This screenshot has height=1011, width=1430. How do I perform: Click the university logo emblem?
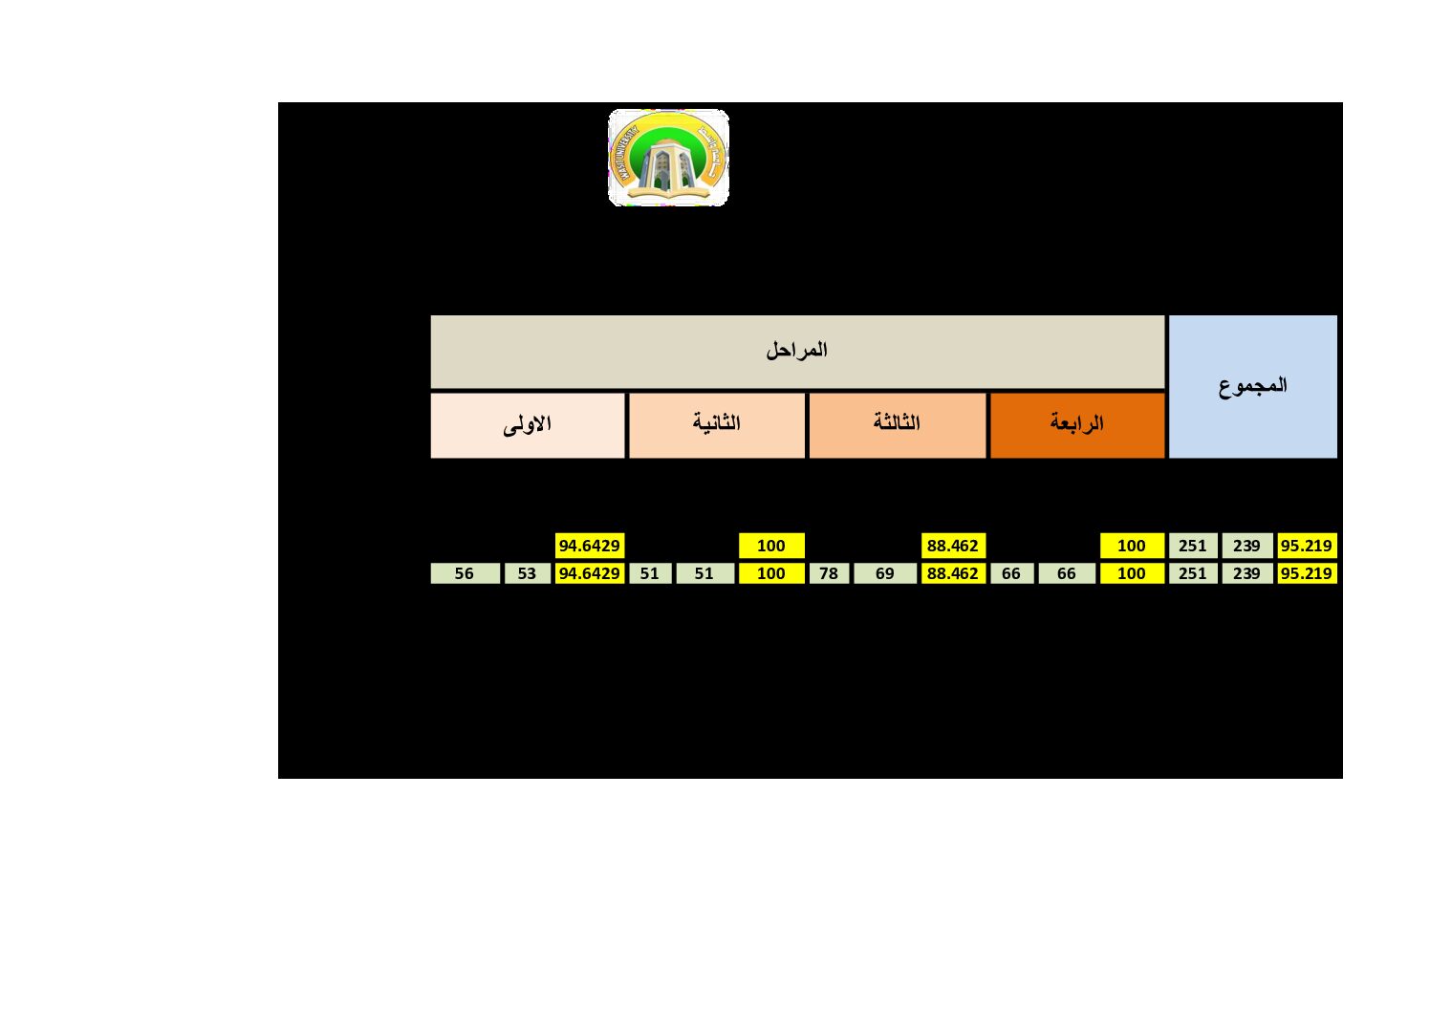pos(668,158)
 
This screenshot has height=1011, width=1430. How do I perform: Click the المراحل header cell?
pos(797,351)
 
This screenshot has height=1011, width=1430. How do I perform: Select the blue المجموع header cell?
pos(1252,386)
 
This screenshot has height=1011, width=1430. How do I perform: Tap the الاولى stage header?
pos(528,424)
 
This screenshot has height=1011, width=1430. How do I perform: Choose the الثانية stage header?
pos(717,424)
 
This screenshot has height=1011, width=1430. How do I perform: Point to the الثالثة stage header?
pos(897,424)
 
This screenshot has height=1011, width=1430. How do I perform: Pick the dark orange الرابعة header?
pos(1077,424)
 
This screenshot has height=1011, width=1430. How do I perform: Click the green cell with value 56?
pos(465,573)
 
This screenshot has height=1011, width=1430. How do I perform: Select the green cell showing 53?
pos(527,573)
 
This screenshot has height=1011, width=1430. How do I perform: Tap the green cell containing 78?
pos(829,573)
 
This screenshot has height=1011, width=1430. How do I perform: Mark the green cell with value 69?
pos(885,573)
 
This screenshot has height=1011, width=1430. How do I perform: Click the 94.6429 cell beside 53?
pos(590,573)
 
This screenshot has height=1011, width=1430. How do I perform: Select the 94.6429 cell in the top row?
pos(590,546)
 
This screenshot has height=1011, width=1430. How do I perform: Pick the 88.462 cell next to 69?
pos(953,573)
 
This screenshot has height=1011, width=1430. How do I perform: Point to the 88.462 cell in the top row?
pos(953,546)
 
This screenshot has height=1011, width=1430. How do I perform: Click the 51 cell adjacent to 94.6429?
pos(650,573)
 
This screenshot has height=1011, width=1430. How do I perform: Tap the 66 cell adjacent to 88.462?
pos(1011,573)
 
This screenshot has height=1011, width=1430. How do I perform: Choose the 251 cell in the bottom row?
pos(1193,573)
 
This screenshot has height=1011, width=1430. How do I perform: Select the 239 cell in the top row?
pos(1246,546)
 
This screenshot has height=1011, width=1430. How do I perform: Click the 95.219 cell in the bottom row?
pos(1307,573)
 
